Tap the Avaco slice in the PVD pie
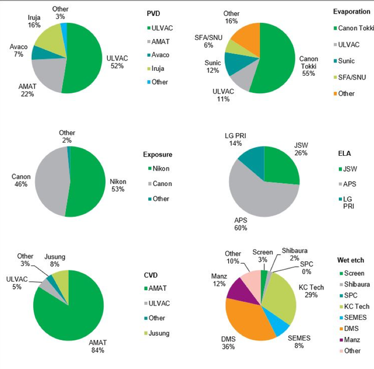click(x=42, y=53)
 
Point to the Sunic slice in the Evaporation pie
click(x=234, y=63)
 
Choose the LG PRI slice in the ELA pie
click(x=251, y=160)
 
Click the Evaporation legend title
click(x=351, y=11)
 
